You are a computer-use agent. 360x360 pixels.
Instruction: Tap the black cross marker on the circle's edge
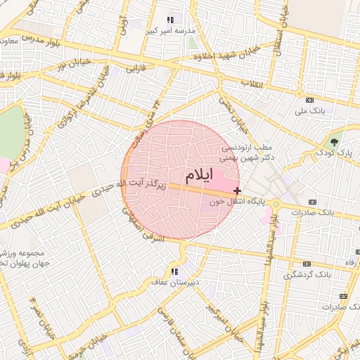[238, 191]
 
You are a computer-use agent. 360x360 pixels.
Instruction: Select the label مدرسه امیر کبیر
[169, 31]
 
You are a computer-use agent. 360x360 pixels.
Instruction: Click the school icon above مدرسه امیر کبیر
[169, 20]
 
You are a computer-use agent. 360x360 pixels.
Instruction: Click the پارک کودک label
[333, 152]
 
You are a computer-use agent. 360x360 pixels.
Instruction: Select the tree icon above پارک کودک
[334, 141]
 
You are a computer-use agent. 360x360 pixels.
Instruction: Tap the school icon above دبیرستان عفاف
[174, 271]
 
